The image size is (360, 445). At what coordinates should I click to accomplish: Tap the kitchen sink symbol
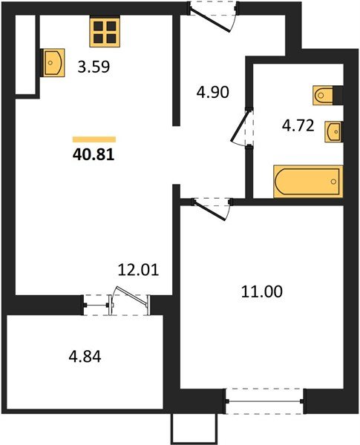tap(54, 62)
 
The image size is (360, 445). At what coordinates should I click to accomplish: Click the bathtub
tap(307, 182)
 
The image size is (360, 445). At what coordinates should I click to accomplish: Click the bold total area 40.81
tap(95, 156)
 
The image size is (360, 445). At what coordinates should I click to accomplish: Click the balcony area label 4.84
tap(83, 357)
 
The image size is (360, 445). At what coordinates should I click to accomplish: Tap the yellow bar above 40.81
tap(94, 139)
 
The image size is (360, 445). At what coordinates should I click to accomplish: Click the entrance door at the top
tap(215, 16)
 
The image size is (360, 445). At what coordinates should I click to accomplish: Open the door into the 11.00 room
tap(212, 208)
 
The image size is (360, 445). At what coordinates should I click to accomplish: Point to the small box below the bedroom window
tap(192, 428)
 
